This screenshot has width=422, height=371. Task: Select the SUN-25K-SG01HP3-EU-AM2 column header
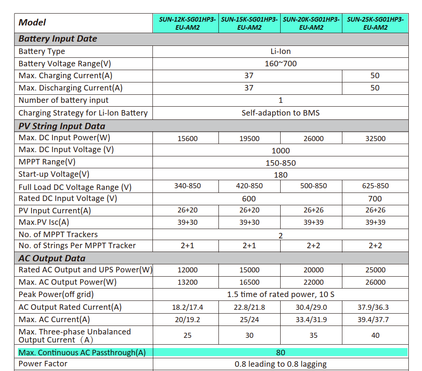click(x=375, y=23)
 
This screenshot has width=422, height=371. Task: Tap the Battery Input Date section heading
click(x=58, y=39)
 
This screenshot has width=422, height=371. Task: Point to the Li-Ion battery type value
click(x=281, y=51)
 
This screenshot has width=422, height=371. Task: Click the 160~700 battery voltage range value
click(x=281, y=64)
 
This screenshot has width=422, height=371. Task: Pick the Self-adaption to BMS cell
click(x=281, y=113)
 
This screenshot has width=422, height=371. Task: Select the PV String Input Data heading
click(x=62, y=126)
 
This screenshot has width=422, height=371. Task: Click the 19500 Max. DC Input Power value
click(x=250, y=139)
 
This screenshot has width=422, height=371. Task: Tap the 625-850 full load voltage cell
click(x=375, y=186)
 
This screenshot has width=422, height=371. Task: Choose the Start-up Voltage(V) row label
click(x=54, y=174)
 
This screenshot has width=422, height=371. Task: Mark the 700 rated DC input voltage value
click(x=375, y=198)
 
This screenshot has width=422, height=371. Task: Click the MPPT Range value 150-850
click(x=281, y=163)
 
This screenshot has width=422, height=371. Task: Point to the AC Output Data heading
click(x=52, y=258)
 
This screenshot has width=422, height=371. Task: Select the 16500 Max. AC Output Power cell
click(x=250, y=282)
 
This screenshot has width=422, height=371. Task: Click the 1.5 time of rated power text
click(x=281, y=295)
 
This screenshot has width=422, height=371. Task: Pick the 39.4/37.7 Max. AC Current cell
click(x=375, y=320)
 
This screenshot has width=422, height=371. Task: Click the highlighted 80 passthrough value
click(x=281, y=352)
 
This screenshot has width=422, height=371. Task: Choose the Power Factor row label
click(x=43, y=364)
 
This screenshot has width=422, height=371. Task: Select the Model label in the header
click(x=32, y=23)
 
